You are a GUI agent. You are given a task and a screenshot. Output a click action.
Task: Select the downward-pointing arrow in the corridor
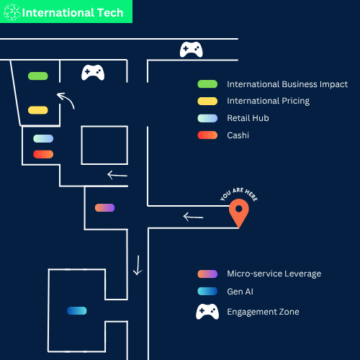click(x=138, y=265)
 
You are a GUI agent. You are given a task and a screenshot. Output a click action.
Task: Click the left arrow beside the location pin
click(x=193, y=217)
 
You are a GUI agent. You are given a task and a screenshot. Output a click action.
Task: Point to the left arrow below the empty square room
click(x=117, y=175)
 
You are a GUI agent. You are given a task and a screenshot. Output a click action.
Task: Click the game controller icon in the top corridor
click(x=192, y=50)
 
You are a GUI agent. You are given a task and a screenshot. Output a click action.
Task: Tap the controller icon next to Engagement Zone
click(x=207, y=312)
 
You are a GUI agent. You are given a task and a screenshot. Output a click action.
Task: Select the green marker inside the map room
click(x=38, y=76)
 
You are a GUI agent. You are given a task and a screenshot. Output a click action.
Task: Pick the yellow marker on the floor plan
click(x=38, y=110)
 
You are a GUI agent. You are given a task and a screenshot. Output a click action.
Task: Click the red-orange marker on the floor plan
click(x=43, y=154)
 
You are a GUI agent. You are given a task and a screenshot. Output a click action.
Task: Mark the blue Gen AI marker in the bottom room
click(x=77, y=311)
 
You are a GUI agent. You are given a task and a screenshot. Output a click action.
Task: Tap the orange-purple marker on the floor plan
click(x=104, y=207)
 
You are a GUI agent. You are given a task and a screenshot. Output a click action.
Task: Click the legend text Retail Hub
click(x=248, y=118)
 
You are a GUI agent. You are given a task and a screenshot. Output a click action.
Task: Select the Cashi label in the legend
click(x=238, y=135)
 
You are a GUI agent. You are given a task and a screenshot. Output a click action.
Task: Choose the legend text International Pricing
click(x=269, y=101)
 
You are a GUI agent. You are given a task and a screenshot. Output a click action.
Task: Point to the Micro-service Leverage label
click(x=274, y=274)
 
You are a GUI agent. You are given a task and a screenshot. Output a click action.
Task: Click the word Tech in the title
click(x=110, y=13)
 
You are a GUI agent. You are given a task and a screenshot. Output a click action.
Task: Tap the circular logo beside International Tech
click(x=12, y=12)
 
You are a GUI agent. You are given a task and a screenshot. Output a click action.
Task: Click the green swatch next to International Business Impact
click(x=207, y=84)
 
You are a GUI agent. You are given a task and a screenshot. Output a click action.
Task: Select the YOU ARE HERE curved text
click(x=239, y=193)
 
